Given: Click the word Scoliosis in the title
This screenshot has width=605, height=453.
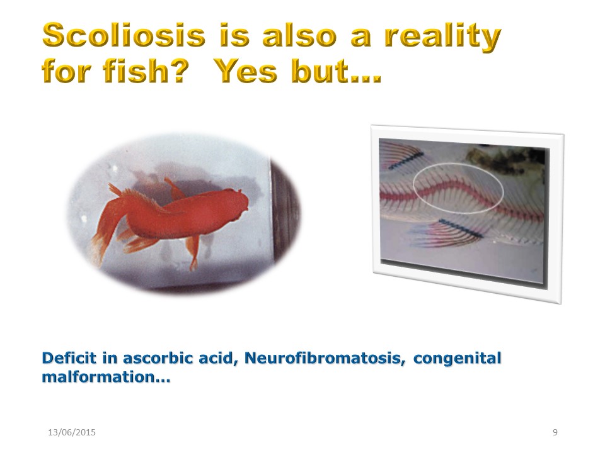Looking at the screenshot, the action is pyautogui.click(x=124, y=35).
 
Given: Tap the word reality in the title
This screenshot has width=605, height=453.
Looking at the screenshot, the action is pyautogui.click(x=442, y=37).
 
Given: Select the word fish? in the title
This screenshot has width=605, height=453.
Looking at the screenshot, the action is pyautogui.click(x=146, y=71).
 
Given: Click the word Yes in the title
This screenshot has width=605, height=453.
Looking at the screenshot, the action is pyautogui.click(x=245, y=71).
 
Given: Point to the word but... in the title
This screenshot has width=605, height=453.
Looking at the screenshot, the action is pyautogui.click(x=336, y=71).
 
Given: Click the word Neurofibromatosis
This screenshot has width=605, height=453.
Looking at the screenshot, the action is pyautogui.click(x=325, y=358).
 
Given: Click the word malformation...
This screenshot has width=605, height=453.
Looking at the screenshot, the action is pyautogui.click(x=99, y=377).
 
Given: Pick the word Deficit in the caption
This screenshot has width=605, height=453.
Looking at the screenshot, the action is pyautogui.click(x=69, y=358).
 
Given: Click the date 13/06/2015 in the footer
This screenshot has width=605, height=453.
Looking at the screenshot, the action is pyautogui.click(x=72, y=432).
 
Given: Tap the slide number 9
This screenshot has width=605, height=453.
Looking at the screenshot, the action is pyautogui.click(x=555, y=432).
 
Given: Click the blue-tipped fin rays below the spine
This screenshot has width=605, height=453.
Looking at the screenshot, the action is pyautogui.click(x=447, y=233).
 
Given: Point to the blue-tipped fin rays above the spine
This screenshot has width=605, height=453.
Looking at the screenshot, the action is pyautogui.click(x=401, y=155).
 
